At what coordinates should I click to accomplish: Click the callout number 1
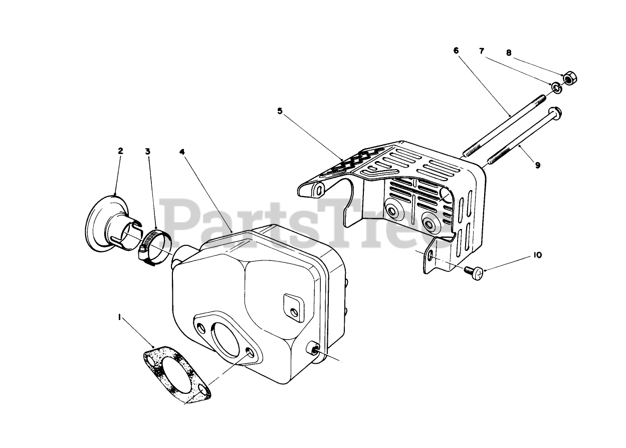pos(119,317)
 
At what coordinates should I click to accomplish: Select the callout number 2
pos(120,151)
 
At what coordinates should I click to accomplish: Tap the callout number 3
pos(147,151)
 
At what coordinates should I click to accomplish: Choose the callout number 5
pos(280,111)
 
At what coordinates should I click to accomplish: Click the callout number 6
pos(456,51)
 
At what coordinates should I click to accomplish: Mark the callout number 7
pos(482,51)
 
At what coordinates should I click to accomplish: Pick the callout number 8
pos(509,52)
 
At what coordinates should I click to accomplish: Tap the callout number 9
pos(537,165)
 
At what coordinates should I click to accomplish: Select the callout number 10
pos(537,255)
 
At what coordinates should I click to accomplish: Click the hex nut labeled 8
pos(568,78)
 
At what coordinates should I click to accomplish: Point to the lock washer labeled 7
pos(556,89)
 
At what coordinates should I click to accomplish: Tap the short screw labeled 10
pos(475,273)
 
